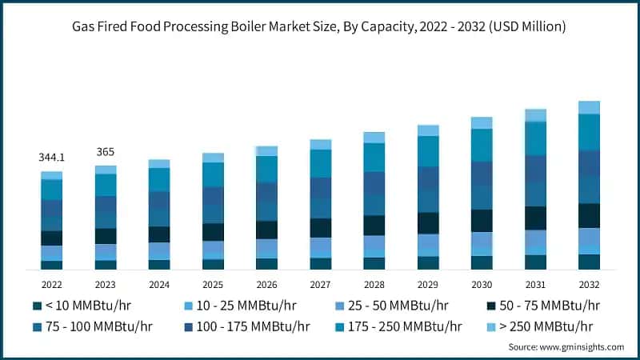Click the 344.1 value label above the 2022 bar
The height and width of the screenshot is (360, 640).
tap(51, 158)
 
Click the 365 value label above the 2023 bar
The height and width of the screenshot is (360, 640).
tap(106, 152)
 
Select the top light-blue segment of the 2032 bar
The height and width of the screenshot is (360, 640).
tap(589, 107)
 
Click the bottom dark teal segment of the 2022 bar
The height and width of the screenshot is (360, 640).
tap(51, 265)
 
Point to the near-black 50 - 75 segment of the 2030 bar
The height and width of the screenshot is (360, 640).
tap(482, 221)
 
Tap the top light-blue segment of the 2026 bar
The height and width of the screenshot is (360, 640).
tap(266, 150)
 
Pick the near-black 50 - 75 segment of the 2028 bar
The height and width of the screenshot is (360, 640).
tap(374, 226)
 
